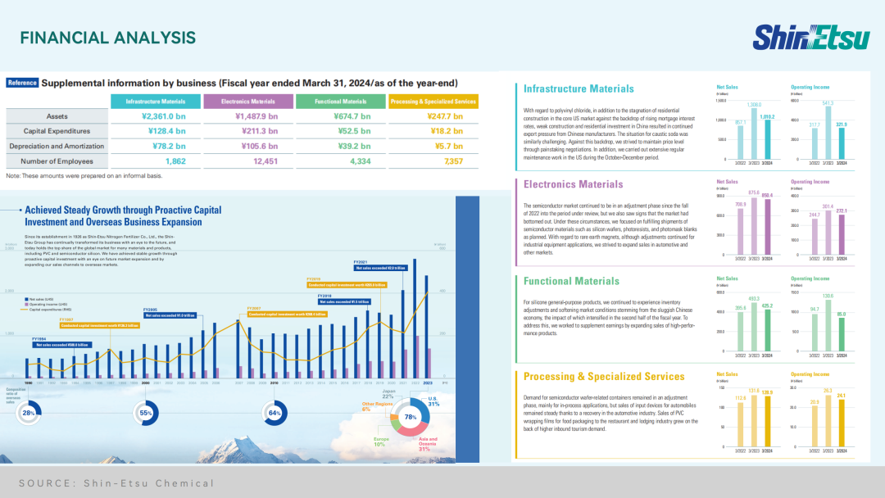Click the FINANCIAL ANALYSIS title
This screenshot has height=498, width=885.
click(107, 38)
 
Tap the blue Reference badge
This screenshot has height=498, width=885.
click(22, 83)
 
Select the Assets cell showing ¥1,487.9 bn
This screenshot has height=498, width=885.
click(249, 116)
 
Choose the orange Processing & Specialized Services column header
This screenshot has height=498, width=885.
click(433, 102)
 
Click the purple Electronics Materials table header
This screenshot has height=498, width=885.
click(249, 102)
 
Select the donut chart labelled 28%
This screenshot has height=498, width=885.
click(29, 414)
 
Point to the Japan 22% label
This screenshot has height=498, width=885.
click(388, 394)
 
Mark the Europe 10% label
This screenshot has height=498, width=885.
click(380, 442)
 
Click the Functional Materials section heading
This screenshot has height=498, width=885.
click(572, 281)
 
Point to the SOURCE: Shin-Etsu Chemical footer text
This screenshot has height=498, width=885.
click(116, 482)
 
